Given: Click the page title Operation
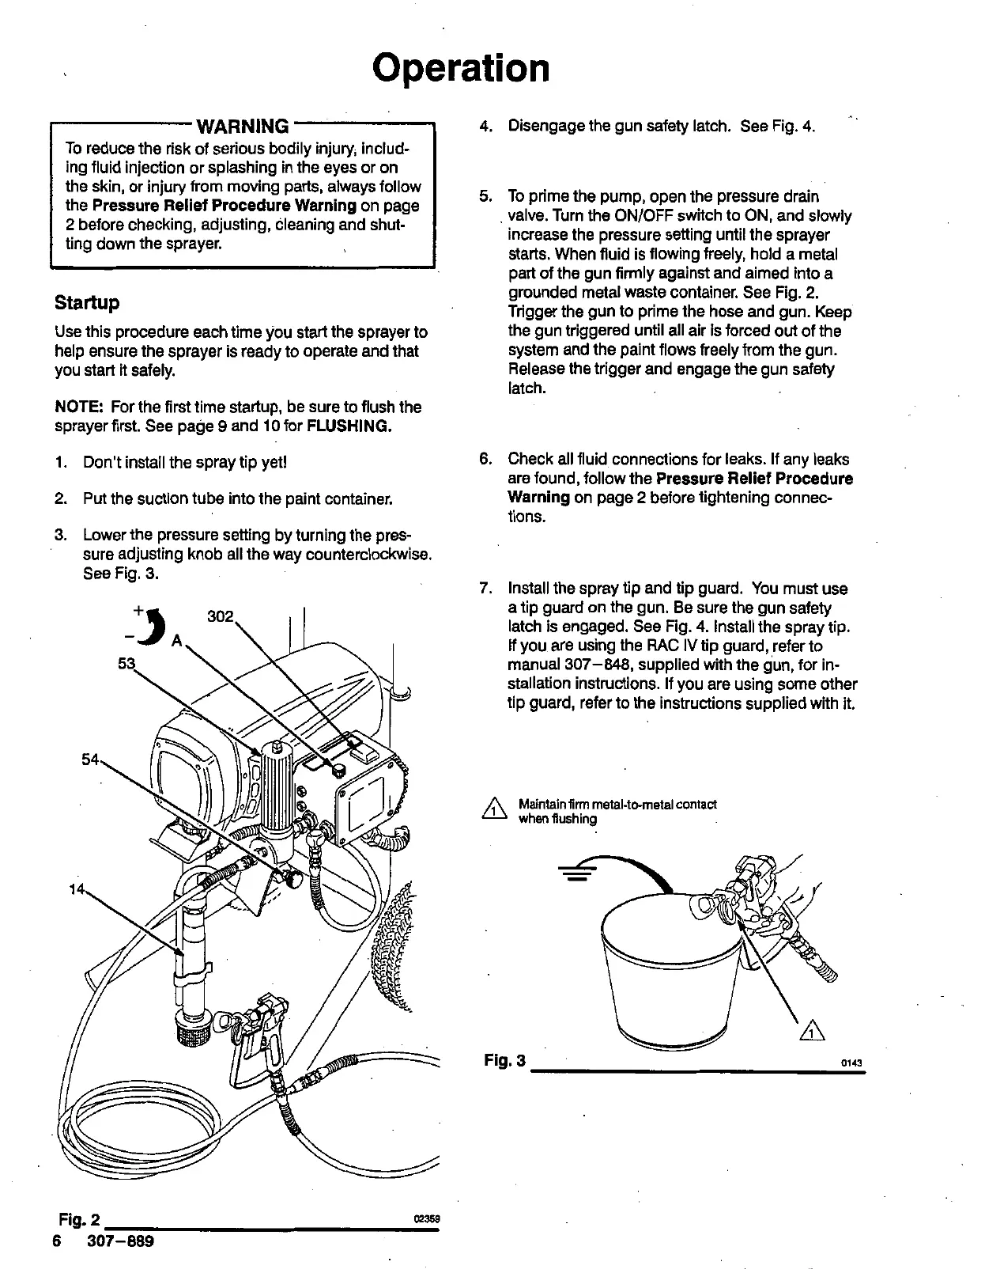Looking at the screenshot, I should coord(461,69).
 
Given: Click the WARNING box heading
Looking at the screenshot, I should coord(242,126).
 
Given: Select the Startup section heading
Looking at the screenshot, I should coord(87,303).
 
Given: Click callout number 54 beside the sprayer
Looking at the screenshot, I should coord(92,760).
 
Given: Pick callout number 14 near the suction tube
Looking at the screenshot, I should coord(77,889).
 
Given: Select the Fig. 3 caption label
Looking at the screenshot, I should coord(504,1060).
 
